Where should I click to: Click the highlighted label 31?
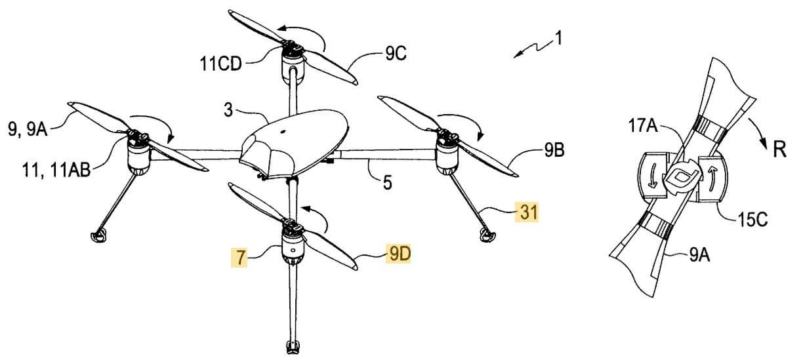pyautogui.click(x=526, y=212)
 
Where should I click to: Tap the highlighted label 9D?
pyautogui.click(x=398, y=254)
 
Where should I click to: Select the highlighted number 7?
pyautogui.click(x=240, y=258)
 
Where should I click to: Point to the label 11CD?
pyautogui.click(x=220, y=64)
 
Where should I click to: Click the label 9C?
pyautogui.click(x=396, y=54)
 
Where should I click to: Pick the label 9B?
pyautogui.click(x=554, y=150)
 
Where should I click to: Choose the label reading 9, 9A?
pyautogui.click(x=28, y=129)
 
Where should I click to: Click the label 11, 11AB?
pyautogui.click(x=56, y=170)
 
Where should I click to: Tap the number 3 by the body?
pyautogui.click(x=228, y=110)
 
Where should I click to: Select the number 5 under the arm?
pyautogui.click(x=387, y=182)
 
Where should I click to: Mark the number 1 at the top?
pyautogui.click(x=558, y=38)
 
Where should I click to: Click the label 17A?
pyautogui.click(x=643, y=126)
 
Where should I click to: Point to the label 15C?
pyautogui.click(x=753, y=219)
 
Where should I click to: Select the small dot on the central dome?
pyautogui.click(x=283, y=132)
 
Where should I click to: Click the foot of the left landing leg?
pyautogui.click(x=98, y=235)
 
